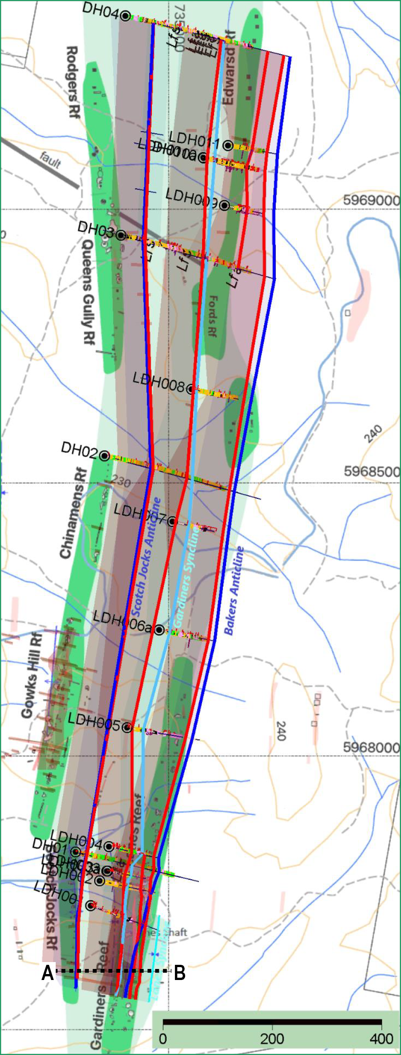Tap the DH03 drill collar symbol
(121, 235)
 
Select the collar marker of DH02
(105, 456)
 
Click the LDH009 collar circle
(224, 205)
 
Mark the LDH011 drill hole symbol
(228, 145)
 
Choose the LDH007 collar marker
(172, 521)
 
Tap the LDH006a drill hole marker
(159, 629)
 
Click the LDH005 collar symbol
(128, 727)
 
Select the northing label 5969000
(371, 201)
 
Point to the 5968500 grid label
(371, 472)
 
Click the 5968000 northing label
(371, 747)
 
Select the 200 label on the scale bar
(272, 1038)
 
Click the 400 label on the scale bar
(381, 1038)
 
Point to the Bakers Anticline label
(234, 591)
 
